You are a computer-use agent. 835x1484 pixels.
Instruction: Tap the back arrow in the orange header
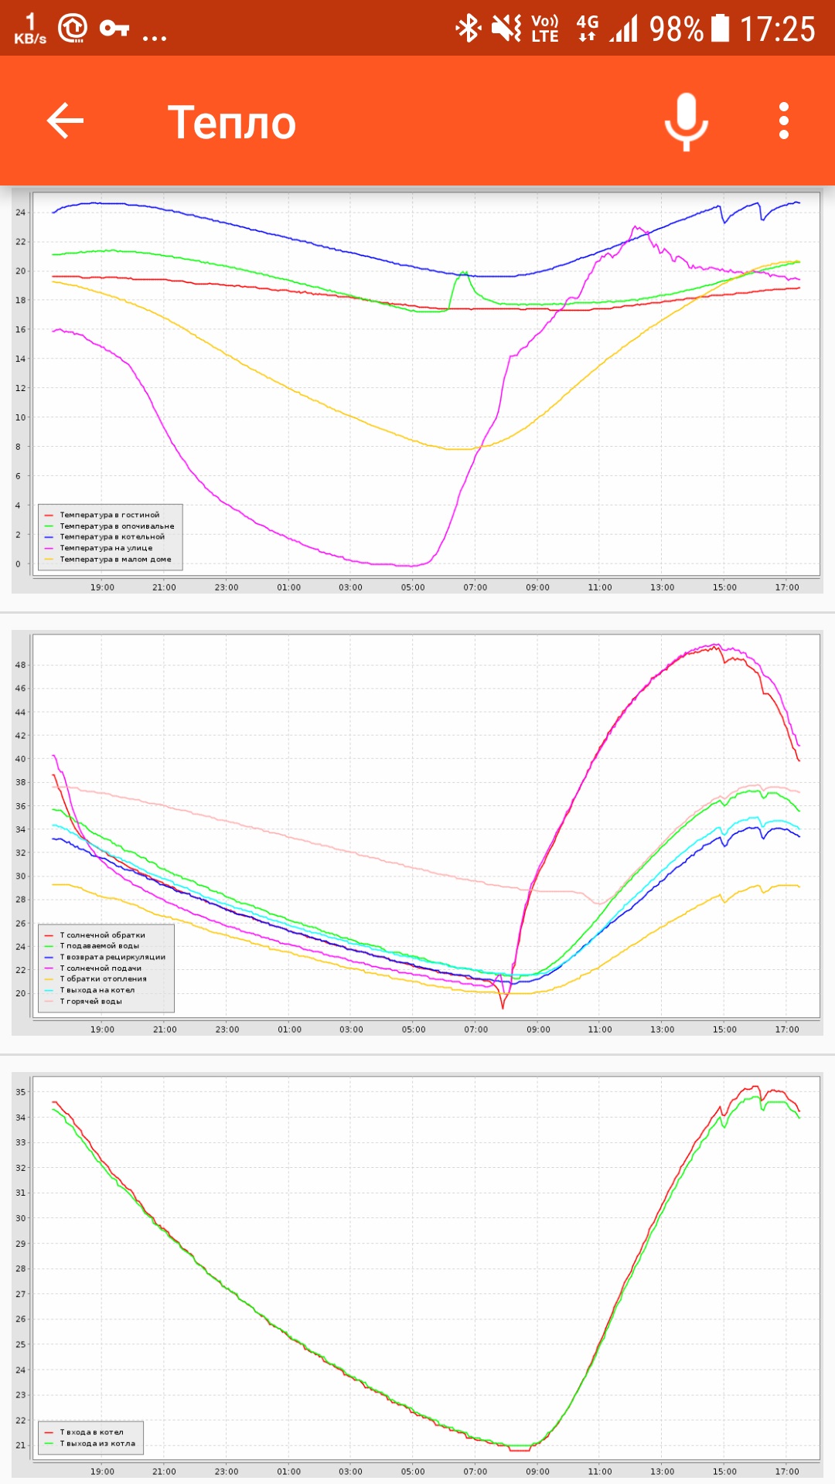tap(65, 121)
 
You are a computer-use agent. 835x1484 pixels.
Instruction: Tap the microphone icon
tap(686, 121)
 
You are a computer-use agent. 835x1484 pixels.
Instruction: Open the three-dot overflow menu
tap(784, 121)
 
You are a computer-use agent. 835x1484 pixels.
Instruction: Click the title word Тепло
tap(232, 123)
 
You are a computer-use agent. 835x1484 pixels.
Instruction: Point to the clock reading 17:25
tap(777, 30)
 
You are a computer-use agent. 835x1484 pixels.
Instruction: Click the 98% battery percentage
tap(676, 30)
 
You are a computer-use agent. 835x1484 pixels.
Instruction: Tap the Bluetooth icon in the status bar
tap(468, 29)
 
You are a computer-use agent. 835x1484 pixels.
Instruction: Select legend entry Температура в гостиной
tap(109, 515)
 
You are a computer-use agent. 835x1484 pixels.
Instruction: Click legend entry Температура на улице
tap(106, 548)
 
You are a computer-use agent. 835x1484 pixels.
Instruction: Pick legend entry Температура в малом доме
tap(115, 559)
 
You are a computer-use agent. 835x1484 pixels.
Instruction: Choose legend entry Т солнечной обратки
tap(102, 935)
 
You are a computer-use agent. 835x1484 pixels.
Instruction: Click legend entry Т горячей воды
tap(90, 1001)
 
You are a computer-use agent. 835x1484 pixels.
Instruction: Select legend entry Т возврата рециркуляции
tap(112, 957)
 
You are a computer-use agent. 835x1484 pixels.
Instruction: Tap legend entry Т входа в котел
tap(91, 1432)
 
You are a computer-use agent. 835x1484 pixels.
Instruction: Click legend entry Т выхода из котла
tap(97, 1443)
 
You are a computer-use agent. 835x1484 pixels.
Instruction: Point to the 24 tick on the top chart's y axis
tap(20, 213)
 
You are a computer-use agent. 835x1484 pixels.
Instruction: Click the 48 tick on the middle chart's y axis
tap(20, 665)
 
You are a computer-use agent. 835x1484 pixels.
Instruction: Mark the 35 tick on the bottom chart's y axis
tap(20, 1092)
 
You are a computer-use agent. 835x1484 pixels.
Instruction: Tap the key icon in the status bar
tap(114, 29)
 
